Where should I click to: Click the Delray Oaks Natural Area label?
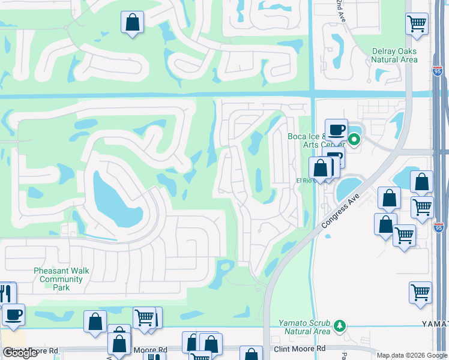click(394, 55)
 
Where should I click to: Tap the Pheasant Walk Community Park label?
click(61, 279)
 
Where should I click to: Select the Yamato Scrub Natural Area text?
click(304, 327)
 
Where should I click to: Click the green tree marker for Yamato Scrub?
click(340, 325)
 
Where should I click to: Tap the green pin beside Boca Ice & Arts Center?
click(354, 140)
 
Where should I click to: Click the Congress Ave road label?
click(340, 210)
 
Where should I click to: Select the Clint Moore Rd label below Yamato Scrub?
click(299, 348)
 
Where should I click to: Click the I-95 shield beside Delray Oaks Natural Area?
click(437, 71)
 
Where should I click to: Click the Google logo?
click(20, 353)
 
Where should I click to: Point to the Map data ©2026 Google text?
click(411, 355)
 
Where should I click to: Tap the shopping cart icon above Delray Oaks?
click(417, 24)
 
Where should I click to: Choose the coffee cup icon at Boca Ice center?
click(337, 130)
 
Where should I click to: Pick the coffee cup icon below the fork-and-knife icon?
click(13, 314)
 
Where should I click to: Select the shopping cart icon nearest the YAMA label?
click(420, 293)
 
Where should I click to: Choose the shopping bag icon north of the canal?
click(132, 23)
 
